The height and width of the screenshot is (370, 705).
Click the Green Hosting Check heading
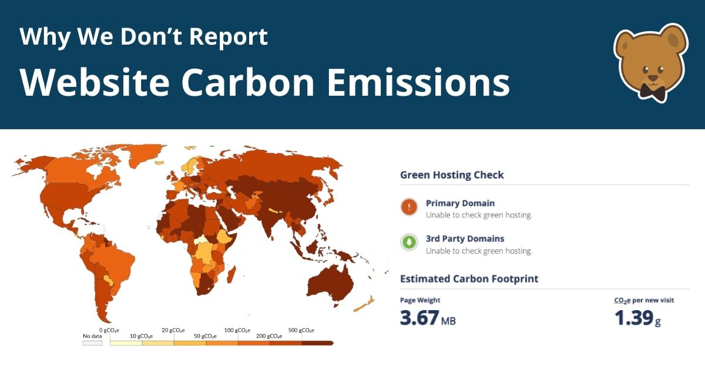click(452, 175)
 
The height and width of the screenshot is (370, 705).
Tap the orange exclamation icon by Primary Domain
click(409, 207)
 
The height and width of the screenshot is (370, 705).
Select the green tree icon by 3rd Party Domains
click(409, 242)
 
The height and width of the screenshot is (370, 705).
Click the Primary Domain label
click(460, 203)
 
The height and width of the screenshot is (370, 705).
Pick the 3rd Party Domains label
click(465, 238)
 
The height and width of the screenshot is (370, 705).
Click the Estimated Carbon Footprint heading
click(469, 278)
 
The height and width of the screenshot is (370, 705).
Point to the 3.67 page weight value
click(419, 318)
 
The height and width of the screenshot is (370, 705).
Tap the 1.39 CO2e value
click(633, 318)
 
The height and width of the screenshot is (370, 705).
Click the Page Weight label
click(420, 300)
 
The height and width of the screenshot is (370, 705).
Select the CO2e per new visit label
click(644, 300)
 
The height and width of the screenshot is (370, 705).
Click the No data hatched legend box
click(92, 342)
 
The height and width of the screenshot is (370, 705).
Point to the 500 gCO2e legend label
click(301, 330)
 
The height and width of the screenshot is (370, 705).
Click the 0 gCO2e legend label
click(109, 330)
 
